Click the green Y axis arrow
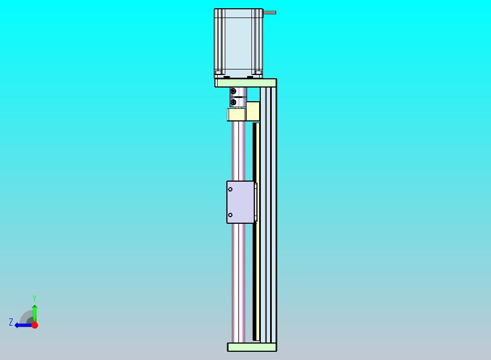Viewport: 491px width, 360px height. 35,313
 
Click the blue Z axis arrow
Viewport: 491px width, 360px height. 24,326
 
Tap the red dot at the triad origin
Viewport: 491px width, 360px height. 35,325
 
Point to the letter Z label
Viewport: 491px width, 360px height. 11,322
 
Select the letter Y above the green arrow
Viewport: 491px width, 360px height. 34,298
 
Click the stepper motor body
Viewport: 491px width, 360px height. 238,43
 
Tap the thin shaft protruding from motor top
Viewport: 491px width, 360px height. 270,13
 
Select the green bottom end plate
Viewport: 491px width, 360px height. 252,347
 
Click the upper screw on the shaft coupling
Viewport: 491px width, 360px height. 233,91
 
